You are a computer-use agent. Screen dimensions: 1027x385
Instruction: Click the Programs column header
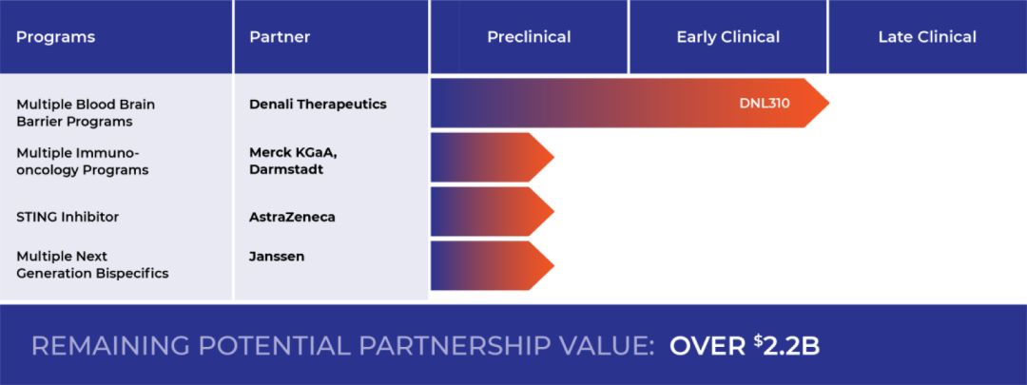click(56, 37)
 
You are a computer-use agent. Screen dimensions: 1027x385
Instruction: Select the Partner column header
click(280, 37)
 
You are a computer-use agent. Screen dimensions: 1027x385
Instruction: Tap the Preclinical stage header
click(529, 37)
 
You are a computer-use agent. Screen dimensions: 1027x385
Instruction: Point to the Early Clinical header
click(727, 37)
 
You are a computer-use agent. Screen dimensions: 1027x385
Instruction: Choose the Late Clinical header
click(927, 37)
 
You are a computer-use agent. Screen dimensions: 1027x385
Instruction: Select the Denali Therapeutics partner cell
click(318, 105)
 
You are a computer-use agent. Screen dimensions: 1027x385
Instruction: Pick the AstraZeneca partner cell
click(292, 217)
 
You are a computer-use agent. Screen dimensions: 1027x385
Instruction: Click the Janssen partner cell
click(277, 256)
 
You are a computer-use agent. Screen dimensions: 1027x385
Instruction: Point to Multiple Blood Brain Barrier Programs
click(86, 112)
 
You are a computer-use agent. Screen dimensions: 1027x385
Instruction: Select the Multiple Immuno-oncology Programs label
click(83, 161)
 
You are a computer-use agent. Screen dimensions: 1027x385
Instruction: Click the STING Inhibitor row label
click(68, 217)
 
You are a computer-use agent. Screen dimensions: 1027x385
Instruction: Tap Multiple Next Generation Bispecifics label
click(92, 264)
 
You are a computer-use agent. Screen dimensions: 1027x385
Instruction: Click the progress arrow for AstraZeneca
click(493, 211)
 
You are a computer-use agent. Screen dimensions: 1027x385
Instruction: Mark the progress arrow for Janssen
click(493, 266)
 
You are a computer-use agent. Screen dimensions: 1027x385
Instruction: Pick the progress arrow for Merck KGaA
click(493, 157)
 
